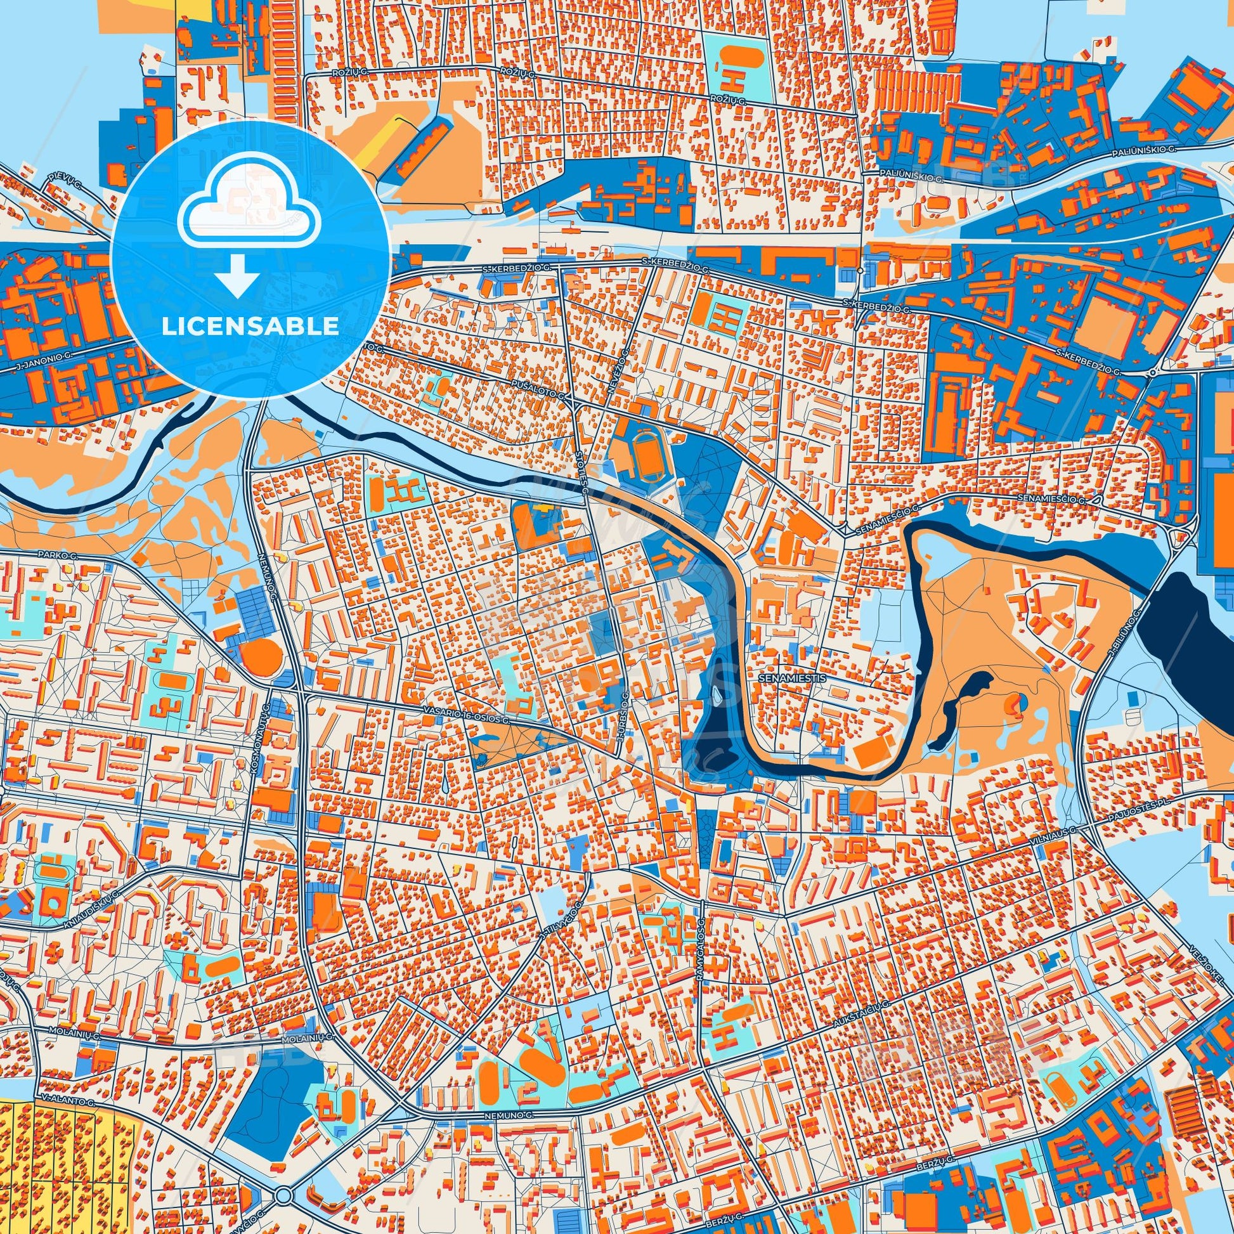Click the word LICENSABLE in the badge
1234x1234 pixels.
(250, 327)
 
